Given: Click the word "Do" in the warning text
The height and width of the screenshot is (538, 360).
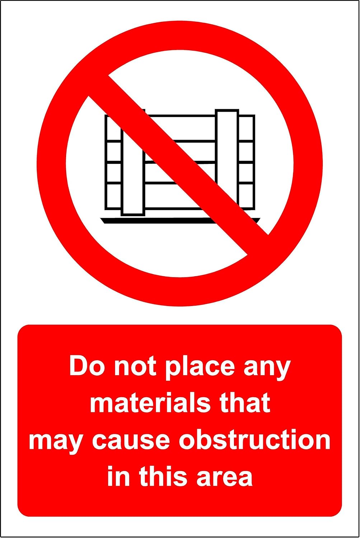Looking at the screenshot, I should (x=82, y=366).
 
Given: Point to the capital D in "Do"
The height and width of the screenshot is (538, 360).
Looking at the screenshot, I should (x=78, y=366).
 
